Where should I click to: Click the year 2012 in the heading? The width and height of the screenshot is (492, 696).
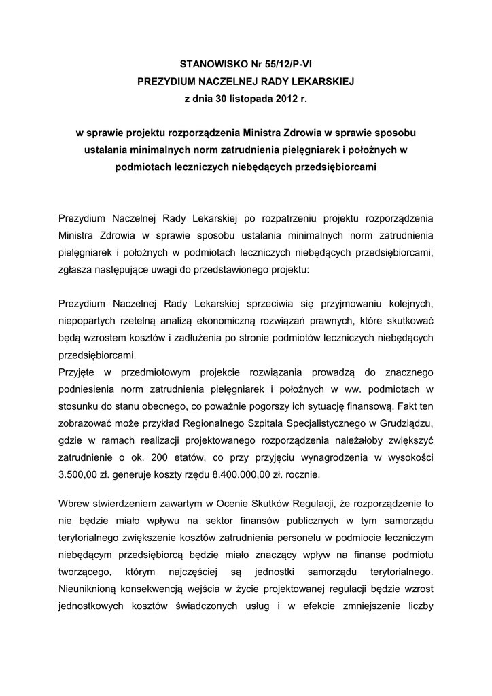click(287, 99)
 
